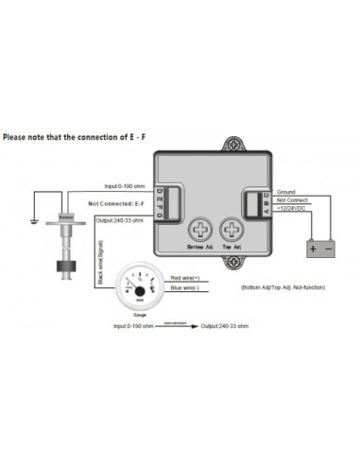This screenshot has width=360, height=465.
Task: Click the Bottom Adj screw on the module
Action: coord(200,230)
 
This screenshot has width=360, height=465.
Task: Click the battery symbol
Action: coord(318,248)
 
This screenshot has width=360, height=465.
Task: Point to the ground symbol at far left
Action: coord(33,224)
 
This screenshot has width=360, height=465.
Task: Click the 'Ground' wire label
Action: coord(285,192)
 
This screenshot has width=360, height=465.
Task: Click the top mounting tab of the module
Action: coord(234,146)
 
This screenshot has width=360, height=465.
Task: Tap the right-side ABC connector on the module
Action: coord(254,200)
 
